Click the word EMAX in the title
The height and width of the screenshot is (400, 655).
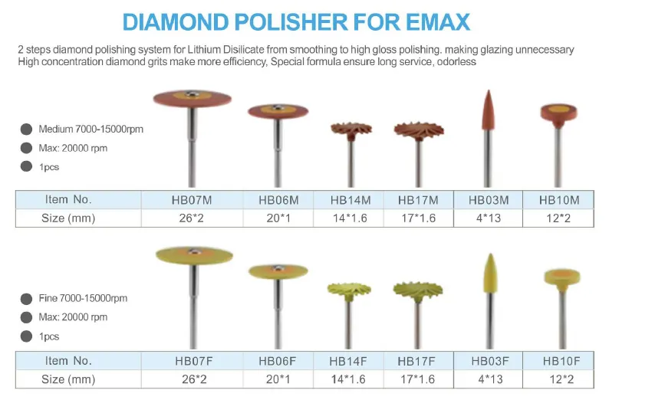(435, 21)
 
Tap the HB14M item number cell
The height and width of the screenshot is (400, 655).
(351, 200)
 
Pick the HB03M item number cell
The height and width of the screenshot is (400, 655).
(489, 200)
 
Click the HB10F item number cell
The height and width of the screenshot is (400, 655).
(559, 361)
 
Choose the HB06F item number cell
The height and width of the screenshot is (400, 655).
(278, 361)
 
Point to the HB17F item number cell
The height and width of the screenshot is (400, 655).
(417, 361)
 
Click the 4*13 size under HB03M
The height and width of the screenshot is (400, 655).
(489, 218)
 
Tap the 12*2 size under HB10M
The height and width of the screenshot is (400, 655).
(559, 218)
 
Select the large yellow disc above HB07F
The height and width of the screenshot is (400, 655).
(193, 255)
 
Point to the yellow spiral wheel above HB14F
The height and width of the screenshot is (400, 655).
(349, 289)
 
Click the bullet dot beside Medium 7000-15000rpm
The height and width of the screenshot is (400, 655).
(26, 129)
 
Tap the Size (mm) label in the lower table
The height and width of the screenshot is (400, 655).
(68, 379)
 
